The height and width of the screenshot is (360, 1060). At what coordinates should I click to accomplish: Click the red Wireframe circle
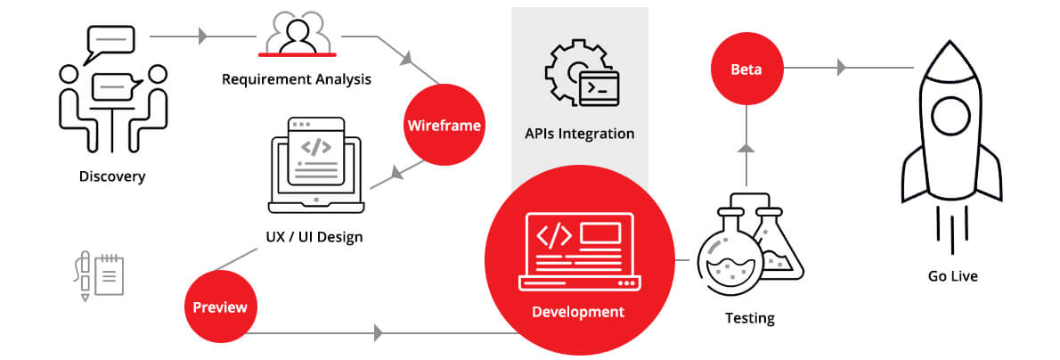click(x=444, y=126)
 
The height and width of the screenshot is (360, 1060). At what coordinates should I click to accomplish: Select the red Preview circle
click(x=220, y=307)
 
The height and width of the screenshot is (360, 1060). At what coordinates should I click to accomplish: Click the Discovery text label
click(x=111, y=176)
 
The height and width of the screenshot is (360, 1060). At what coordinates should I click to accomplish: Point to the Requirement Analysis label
click(x=297, y=79)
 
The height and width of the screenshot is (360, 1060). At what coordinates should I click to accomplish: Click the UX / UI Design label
click(x=314, y=238)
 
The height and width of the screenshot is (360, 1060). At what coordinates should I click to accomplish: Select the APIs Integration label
click(x=579, y=134)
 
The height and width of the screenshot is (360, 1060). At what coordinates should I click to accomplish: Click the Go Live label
click(x=952, y=276)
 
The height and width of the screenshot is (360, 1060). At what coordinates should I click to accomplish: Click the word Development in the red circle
click(x=578, y=312)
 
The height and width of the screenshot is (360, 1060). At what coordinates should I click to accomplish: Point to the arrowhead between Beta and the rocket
click(x=842, y=68)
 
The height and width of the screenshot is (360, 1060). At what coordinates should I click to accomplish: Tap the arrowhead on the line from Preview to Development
click(x=379, y=334)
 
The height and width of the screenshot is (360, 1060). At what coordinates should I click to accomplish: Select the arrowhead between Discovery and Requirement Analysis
click(x=203, y=37)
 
